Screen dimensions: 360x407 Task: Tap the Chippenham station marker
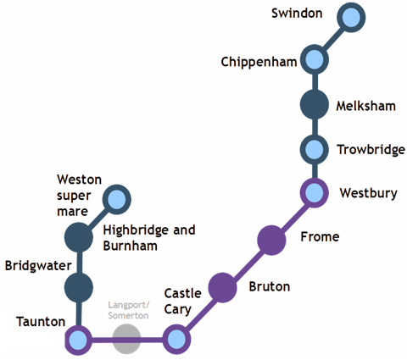(x=315, y=59)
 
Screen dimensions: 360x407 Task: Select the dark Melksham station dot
(x=315, y=105)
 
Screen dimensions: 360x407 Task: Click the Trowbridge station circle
(x=315, y=149)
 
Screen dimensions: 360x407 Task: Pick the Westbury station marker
(x=315, y=192)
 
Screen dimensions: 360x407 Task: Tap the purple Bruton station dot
(x=222, y=288)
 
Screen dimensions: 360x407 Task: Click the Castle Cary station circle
(x=176, y=340)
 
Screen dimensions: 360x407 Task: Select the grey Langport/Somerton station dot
(x=127, y=340)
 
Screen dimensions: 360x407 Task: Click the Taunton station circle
(x=78, y=340)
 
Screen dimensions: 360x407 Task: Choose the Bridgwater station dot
(x=79, y=286)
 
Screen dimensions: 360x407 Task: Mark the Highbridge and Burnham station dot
(x=79, y=237)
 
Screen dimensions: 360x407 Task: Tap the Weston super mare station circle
(x=114, y=200)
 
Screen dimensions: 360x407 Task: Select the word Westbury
(x=368, y=193)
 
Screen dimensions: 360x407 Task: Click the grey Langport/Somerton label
(x=129, y=309)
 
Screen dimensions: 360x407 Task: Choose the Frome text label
(x=319, y=237)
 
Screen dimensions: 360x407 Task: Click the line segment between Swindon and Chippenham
(x=332, y=37)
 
